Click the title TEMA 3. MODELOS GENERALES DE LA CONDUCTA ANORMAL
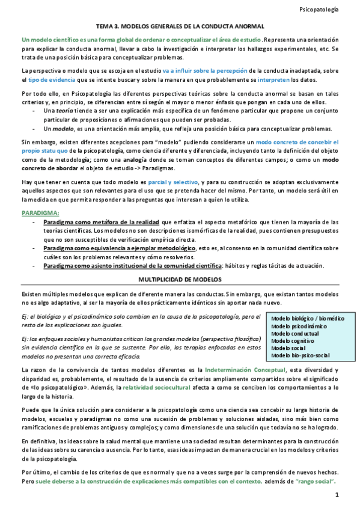[x=180, y=27]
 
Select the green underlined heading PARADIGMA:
[x=40, y=213]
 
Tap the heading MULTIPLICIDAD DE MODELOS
[x=180, y=280]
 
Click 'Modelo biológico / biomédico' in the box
[x=308, y=318]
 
